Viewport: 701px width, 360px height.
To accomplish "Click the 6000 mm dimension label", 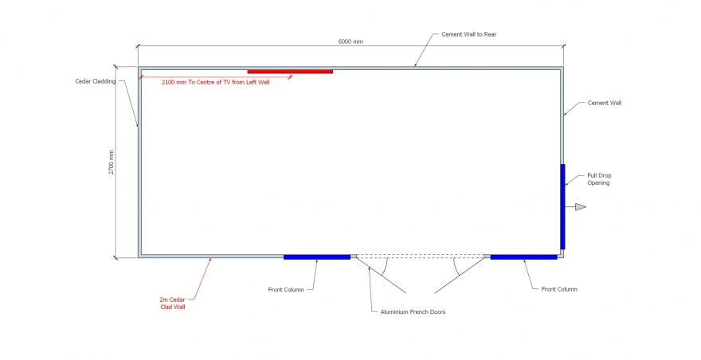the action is click(x=350, y=41).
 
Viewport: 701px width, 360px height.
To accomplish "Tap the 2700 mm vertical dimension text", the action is click(x=112, y=162).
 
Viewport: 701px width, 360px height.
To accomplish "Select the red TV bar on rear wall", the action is click(x=290, y=72).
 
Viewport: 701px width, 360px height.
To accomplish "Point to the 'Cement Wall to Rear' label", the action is click(x=469, y=34).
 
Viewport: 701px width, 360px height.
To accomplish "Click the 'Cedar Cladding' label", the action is click(x=96, y=81).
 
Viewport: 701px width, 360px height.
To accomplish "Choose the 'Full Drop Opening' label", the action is click(x=599, y=179).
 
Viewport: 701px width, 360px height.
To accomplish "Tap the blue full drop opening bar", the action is click(x=563, y=206).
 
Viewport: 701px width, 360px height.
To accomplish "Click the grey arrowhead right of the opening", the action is click(x=580, y=206).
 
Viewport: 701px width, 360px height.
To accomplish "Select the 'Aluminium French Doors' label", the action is click(x=413, y=311).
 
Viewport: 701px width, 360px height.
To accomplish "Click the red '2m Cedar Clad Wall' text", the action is click(x=173, y=303).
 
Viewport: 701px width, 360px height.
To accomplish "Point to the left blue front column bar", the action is click(x=317, y=257).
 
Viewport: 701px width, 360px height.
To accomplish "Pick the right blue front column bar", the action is click(x=524, y=257).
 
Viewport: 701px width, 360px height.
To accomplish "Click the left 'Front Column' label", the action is click(x=286, y=290).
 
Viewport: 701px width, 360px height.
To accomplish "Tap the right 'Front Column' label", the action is click(x=559, y=289).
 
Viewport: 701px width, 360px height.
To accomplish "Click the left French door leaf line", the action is click(x=382, y=275).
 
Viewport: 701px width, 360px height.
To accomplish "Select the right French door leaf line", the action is click(x=460, y=275).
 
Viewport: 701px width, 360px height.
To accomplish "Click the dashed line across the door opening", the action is click(x=421, y=256).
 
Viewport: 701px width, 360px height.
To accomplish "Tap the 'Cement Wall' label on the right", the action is click(x=605, y=103).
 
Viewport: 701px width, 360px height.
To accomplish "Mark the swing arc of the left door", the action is click(x=386, y=268).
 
